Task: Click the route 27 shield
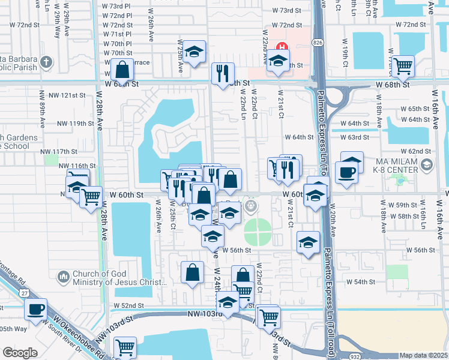coord(23,293)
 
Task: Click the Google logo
coord(19,353)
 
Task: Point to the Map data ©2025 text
coord(423,355)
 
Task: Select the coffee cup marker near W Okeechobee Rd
coord(36,310)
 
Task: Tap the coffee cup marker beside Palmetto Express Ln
coord(347,173)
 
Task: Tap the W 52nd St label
coord(129,305)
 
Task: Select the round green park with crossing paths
coord(258,232)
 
